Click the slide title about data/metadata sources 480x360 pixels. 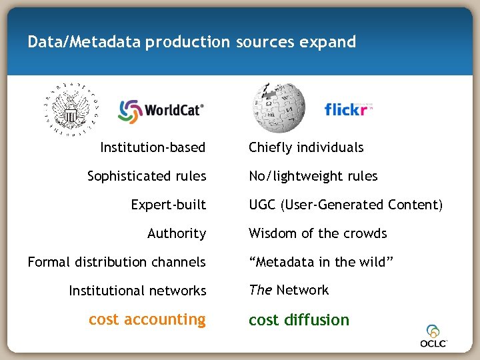pyautogui.click(x=192, y=42)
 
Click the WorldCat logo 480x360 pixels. pyautogui.click(x=161, y=111)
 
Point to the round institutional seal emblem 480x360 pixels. pyautogui.click(x=70, y=107)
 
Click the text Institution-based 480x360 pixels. pyautogui.click(x=153, y=147)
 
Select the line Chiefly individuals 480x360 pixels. pyautogui.click(x=306, y=147)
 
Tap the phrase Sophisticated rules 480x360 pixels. pyautogui.click(x=147, y=176)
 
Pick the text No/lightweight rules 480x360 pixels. pyautogui.click(x=313, y=176)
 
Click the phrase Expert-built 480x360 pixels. pyautogui.click(x=169, y=205)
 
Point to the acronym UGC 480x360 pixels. pyautogui.click(x=262, y=205)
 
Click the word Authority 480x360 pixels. pyautogui.click(x=177, y=233)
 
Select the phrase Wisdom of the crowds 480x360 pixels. pyautogui.click(x=317, y=233)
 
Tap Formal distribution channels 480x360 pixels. pyautogui.click(x=117, y=262)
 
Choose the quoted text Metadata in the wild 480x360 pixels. pyautogui.click(x=321, y=262)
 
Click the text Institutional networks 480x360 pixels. pyautogui.click(x=137, y=291)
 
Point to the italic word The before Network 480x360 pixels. pyautogui.click(x=260, y=290)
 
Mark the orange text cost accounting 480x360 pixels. pyautogui.click(x=147, y=319)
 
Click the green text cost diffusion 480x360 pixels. pyautogui.click(x=299, y=320)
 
